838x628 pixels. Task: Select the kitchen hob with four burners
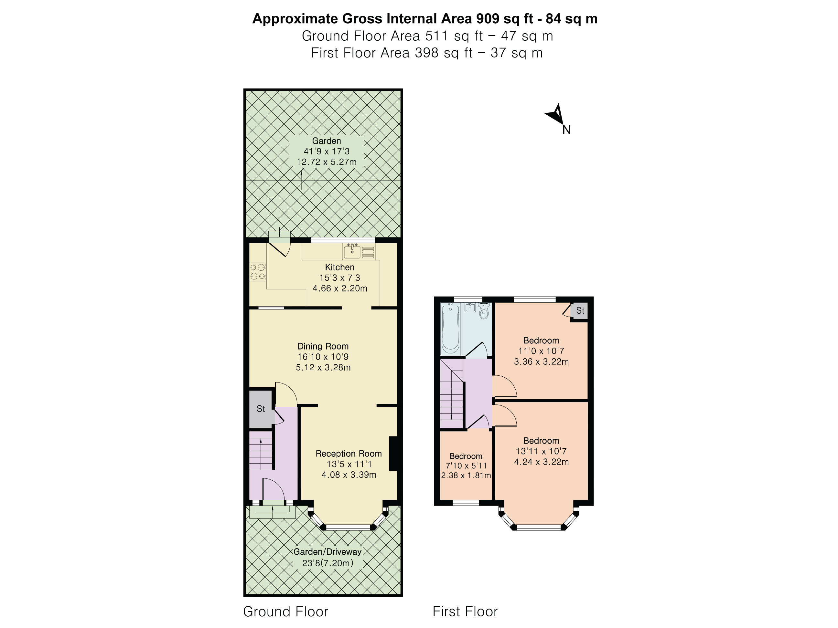(258, 272)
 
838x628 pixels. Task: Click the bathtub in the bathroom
(450, 328)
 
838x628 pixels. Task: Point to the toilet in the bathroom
(484, 311)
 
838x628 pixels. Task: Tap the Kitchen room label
(340, 267)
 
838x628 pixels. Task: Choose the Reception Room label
(349, 454)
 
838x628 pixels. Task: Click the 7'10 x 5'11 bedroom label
(466, 466)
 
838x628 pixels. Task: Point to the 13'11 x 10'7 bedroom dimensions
(541, 451)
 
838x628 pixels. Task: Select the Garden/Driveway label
(327, 551)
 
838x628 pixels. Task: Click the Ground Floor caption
(286, 611)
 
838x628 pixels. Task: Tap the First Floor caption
(465, 611)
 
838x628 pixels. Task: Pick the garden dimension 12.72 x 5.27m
(327, 162)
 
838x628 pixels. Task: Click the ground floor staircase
(261, 450)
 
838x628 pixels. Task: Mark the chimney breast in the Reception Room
(393, 454)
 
